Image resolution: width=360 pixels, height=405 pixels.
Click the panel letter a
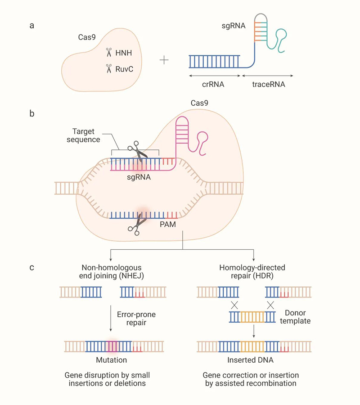(x=31, y=26)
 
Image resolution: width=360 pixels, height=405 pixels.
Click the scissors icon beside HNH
(x=108, y=54)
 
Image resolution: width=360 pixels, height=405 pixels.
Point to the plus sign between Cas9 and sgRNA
(x=164, y=60)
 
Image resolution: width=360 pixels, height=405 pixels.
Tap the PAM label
(x=172, y=222)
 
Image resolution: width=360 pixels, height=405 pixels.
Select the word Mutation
(x=111, y=360)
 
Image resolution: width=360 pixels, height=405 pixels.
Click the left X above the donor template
(x=234, y=306)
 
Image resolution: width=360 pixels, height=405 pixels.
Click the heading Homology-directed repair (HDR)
(x=252, y=271)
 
